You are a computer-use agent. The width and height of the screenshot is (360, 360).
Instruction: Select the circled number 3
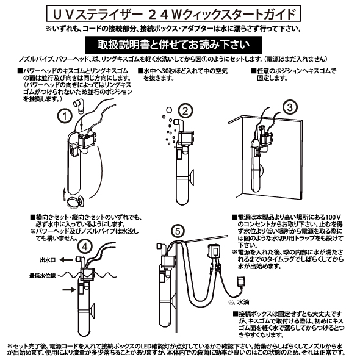click(291, 106)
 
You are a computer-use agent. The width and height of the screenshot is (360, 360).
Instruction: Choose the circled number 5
click(176, 231)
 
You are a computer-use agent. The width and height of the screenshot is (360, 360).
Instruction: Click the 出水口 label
click(46, 259)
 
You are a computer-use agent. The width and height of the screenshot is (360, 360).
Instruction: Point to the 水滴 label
click(243, 301)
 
